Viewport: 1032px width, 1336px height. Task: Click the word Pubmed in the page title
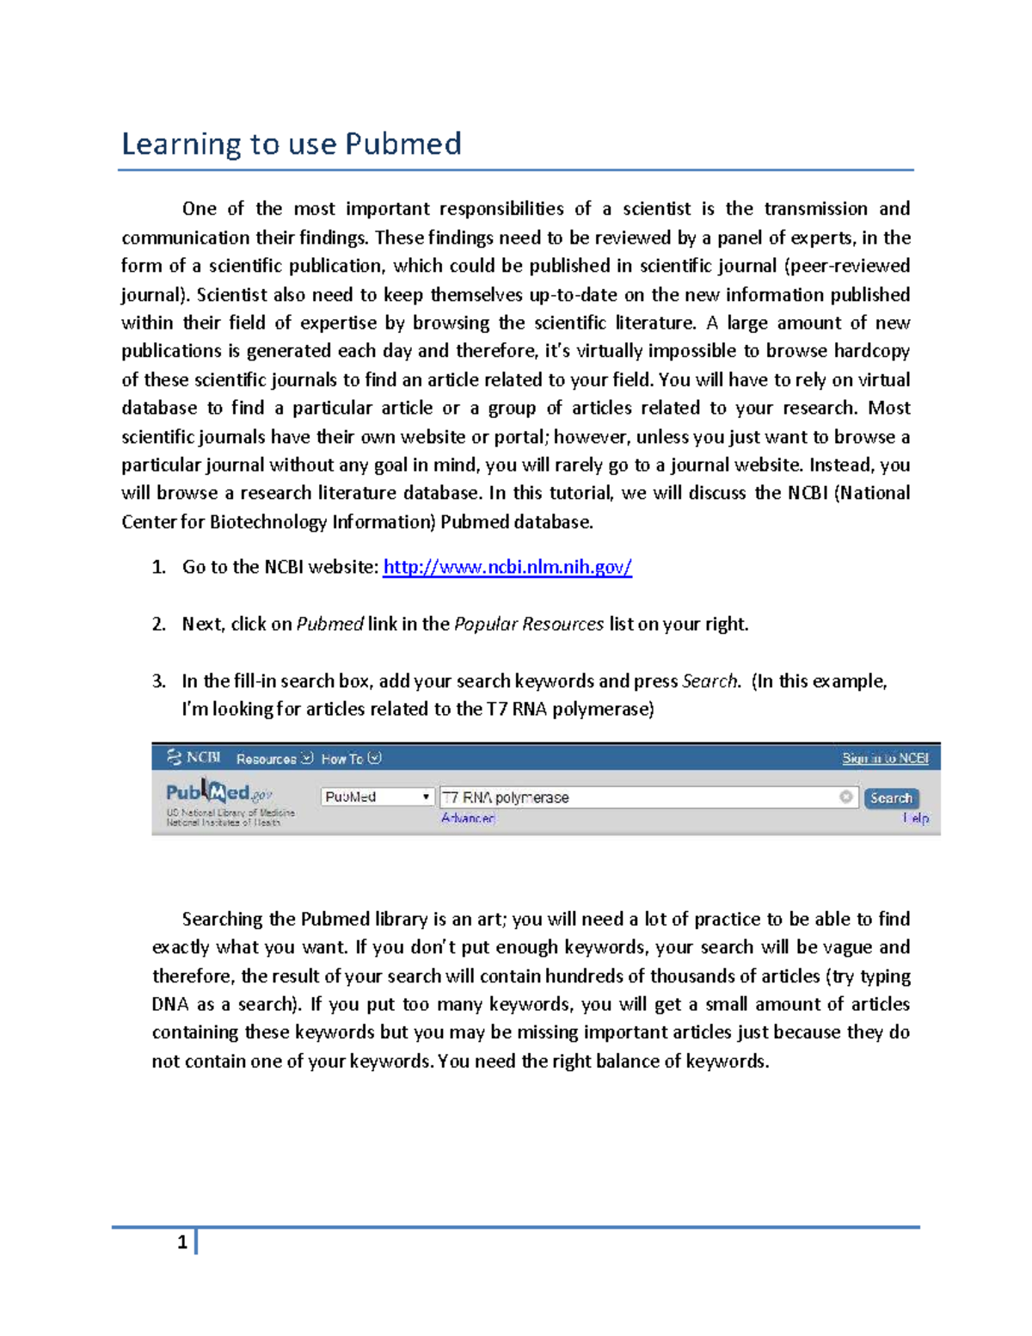(402, 144)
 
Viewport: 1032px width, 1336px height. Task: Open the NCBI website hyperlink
(507, 567)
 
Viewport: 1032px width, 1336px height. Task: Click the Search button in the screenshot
(891, 797)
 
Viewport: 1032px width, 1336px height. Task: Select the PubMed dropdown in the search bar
(377, 797)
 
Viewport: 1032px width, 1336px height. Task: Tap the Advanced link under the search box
(468, 818)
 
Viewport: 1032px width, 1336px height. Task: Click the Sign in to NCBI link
(885, 758)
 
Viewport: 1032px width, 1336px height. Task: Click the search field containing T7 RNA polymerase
(636, 797)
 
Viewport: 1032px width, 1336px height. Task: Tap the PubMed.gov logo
(219, 792)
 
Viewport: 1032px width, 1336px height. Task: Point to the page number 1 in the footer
(181, 1242)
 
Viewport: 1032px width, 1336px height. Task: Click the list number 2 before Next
(158, 625)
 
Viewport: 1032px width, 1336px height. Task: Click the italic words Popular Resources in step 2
(528, 625)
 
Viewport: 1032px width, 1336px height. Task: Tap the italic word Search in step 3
(709, 681)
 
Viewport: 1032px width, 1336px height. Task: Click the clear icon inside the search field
(846, 797)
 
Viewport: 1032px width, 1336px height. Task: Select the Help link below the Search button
(916, 818)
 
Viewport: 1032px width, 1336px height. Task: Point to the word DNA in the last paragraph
(170, 1005)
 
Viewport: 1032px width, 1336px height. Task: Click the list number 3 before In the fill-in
(158, 681)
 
